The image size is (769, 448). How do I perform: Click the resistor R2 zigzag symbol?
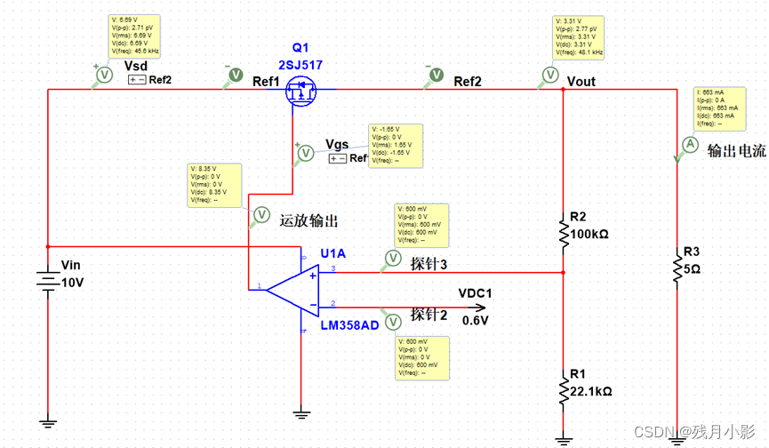[563, 230]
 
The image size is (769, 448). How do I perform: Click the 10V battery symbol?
[47, 281]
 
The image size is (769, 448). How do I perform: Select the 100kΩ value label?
[589, 234]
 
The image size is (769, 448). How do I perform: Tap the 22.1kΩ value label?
[590, 390]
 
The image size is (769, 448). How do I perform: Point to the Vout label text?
[581, 82]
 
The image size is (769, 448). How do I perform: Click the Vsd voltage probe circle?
[102, 76]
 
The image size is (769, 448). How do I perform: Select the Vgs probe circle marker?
[305, 153]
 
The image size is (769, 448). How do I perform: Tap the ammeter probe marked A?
[688, 144]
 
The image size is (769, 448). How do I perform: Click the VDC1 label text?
[475, 294]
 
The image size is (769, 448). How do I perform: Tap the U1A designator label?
[332, 253]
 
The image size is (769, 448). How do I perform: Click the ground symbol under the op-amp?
[301, 412]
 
